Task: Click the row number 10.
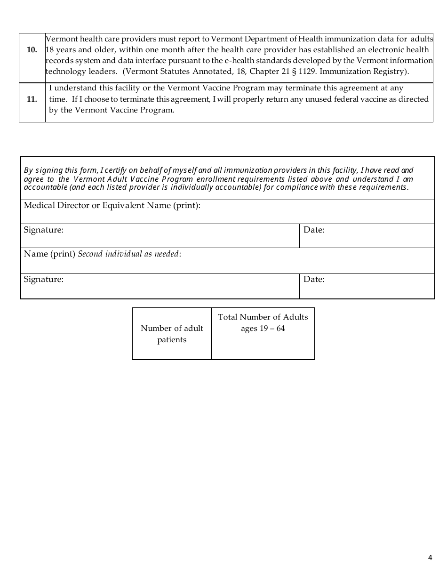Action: pyautogui.click(x=32, y=50)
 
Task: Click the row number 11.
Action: pyautogui.click(x=32, y=99)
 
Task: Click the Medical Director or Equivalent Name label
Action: pyautogui.click(x=112, y=206)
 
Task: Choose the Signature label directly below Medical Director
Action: pyautogui.click(x=44, y=230)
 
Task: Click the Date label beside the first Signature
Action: pyautogui.click(x=314, y=230)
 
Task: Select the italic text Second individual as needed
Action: pyautogui.click(x=128, y=254)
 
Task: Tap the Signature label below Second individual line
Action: pyautogui.click(x=44, y=279)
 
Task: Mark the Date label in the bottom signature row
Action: pyautogui.click(x=314, y=279)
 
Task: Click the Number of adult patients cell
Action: pyautogui.click(x=172, y=334)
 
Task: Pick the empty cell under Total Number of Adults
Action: pyautogui.click(x=263, y=347)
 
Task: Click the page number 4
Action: pyautogui.click(x=430, y=558)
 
